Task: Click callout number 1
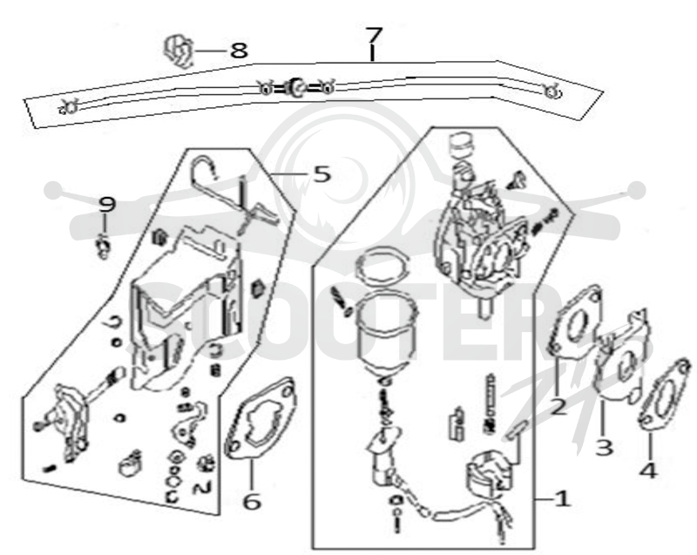click(x=562, y=499)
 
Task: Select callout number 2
click(x=558, y=407)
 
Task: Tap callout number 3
click(x=604, y=447)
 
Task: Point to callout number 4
click(x=648, y=470)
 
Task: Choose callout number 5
click(x=322, y=173)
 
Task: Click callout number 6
click(x=252, y=502)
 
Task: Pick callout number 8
click(x=239, y=51)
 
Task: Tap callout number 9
click(x=106, y=205)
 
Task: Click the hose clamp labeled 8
click(x=179, y=52)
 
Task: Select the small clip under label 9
click(x=103, y=248)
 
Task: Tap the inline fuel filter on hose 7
click(x=295, y=86)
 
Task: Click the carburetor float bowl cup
click(x=387, y=334)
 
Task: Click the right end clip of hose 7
click(x=552, y=92)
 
